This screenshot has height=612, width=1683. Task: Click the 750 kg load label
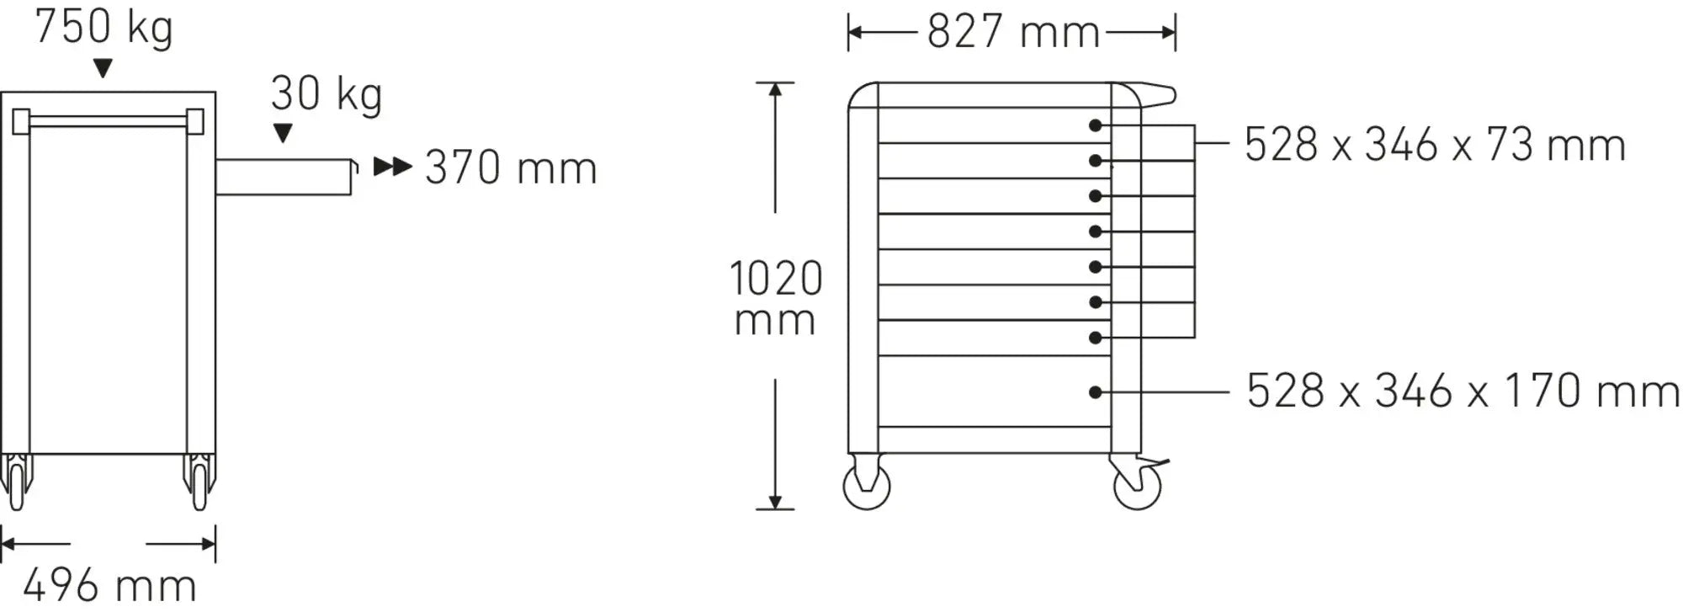tap(104, 28)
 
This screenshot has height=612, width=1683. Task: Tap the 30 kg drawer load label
tap(327, 94)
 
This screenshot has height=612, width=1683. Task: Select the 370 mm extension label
tap(511, 168)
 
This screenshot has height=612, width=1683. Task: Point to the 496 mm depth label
tap(109, 585)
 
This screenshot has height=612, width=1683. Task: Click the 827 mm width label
tap(1014, 33)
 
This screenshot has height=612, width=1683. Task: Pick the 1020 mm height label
tap(775, 298)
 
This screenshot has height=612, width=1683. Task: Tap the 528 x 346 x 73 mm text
tap(1435, 145)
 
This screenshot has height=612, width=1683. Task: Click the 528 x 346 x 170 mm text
tap(1463, 391)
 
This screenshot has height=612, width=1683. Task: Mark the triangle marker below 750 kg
tap(103, 69)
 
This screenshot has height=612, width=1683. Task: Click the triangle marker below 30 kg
tap(284, 133)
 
